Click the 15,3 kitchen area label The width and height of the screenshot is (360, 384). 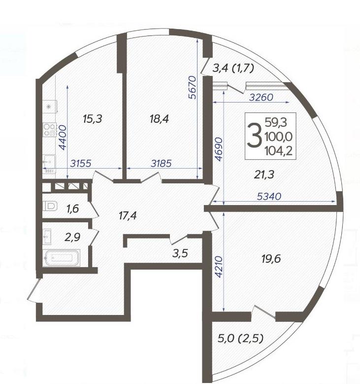click(x=92, y=119)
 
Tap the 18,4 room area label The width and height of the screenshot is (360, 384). click(x=160, y=119)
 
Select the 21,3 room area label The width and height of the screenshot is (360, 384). click(x=264, y=175)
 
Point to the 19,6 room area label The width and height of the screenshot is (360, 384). click(x=271, y=259)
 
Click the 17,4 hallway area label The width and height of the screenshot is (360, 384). click(x=128, y=215)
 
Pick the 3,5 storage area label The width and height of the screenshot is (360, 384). click(x=180, y=253)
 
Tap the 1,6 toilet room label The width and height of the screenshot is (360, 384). click(x=73, y=209)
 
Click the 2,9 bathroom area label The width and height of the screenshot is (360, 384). click(x=72, y=237)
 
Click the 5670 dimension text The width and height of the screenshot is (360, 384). click(x=193, y=87)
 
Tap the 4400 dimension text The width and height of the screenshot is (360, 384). click(x=63, y=138)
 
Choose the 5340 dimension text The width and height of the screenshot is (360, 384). click(x=269, y=196)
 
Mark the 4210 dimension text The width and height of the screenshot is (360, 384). click(x=219, y=267)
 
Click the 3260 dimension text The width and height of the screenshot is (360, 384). click(x=261, y=98)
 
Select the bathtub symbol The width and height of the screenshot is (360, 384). click(x=62, y=258)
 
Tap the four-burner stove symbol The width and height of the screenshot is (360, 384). click(x=50, y=130)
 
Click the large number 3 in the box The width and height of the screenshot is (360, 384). click(x=255, y=136)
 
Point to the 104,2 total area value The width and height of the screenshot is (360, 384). click(x=279, y=151)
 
